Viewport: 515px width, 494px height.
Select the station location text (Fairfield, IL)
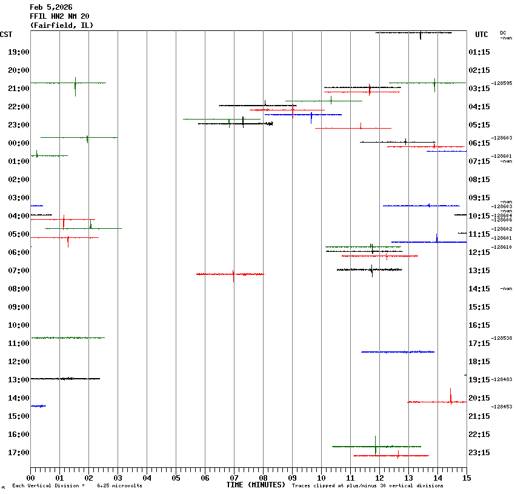tap(62, 25)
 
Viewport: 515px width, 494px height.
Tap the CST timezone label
tap(6, 35)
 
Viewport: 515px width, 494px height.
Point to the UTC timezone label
tap(482, 35)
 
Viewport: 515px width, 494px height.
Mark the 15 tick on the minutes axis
tap(466, 478)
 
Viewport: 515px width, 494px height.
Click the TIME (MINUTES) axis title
tap(256, 485)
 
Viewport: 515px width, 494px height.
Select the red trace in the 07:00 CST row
tap(230, 274)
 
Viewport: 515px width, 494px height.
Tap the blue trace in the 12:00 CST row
tap(397, 351)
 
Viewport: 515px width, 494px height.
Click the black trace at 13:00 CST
tap(65, 379)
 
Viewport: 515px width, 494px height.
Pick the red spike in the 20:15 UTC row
tap(451, 396)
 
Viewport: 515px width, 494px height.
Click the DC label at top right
tap(503, 33)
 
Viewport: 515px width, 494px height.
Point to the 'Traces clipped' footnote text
tap(367, 486)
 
